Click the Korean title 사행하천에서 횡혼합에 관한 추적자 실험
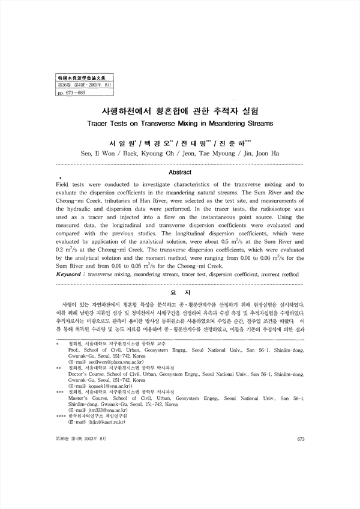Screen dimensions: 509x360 point(180,111)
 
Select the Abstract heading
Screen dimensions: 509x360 point(180,172)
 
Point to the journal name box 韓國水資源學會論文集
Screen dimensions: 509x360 point(76,79)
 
